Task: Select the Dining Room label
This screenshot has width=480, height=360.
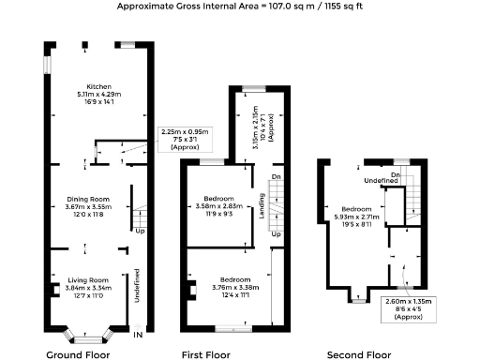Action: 88,199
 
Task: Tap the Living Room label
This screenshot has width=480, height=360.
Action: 87,280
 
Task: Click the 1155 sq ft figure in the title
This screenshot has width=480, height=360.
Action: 336,6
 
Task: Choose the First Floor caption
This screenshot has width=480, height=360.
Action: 206,355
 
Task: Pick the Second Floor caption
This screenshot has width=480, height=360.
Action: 358,355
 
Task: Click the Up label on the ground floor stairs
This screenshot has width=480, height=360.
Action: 140,231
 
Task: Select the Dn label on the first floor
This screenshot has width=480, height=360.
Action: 275,176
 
